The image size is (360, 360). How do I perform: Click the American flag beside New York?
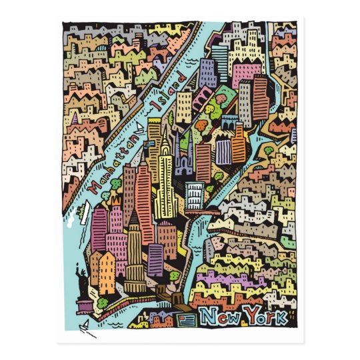tap(187, 319)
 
